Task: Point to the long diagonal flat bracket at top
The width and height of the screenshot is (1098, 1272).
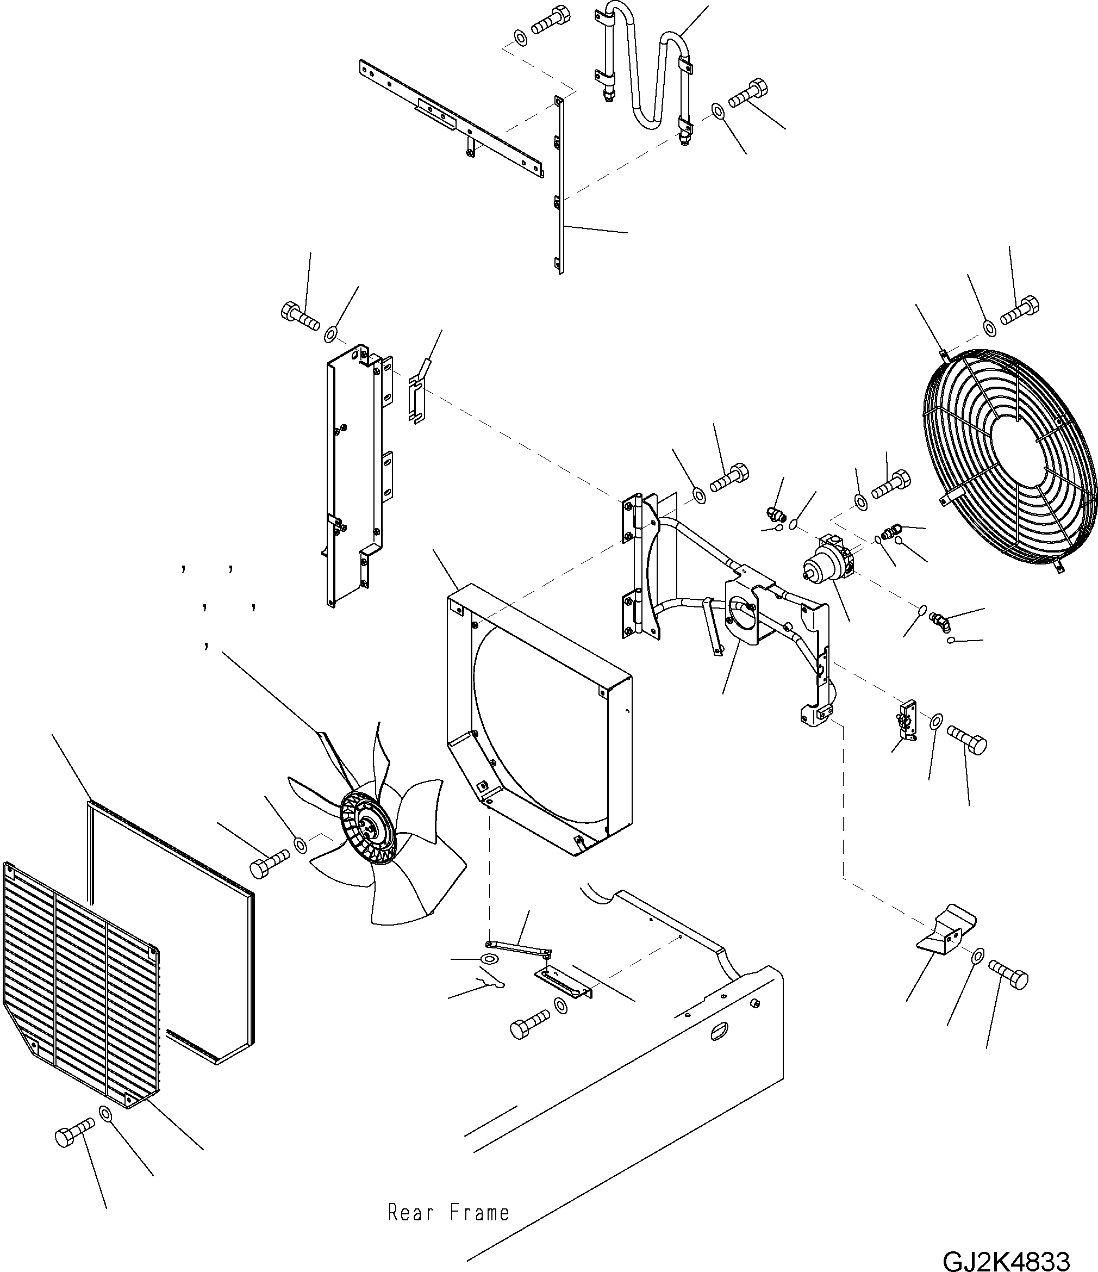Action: point(451,118)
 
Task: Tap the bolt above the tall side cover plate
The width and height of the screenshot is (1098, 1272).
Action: point(300,315)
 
